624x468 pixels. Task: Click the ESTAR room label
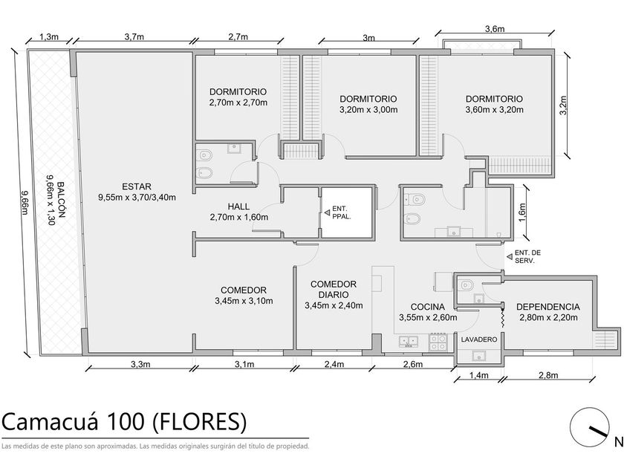[x=137, y=186]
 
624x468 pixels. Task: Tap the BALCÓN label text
[x=60, y=200]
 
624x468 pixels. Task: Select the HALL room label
[x=238, y=207]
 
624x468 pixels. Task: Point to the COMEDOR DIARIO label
[x=334, y=289]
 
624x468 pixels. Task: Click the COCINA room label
[x=428, y=307]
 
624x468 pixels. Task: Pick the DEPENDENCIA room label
[x=548, y=307]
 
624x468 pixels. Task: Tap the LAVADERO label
[x=479, y=339]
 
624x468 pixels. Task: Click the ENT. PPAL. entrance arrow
[x=327, y=213]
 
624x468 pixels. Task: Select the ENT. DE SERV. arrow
[x=509, y=257]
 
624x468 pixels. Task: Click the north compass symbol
[x=589, y=428]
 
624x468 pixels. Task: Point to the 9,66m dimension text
[x=25, y=202]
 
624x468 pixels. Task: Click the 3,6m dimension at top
[x=495, y=29]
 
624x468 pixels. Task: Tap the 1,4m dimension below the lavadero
[x=478, y=375]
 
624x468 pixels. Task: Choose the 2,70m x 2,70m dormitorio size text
[x=238, y=103]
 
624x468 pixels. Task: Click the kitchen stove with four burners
[x=438, y=342]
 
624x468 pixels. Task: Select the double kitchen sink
[x=409, y=342]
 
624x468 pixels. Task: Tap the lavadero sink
[x=478, y=356]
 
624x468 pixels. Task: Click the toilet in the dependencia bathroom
[x=465, y=285]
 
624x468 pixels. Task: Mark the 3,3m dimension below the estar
[x=140, y=364]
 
